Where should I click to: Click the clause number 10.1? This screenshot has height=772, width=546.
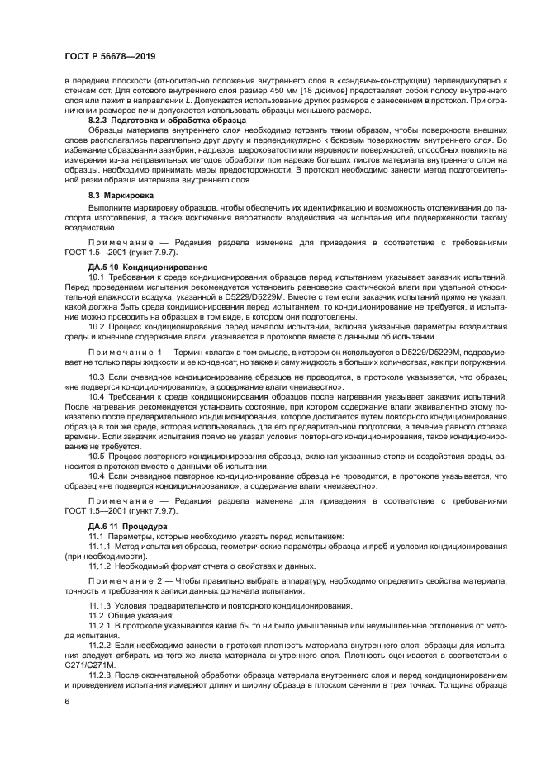click(97, 276)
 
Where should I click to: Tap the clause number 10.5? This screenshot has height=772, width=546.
click(97, 455)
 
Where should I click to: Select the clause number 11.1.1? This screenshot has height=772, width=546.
click(101, 545)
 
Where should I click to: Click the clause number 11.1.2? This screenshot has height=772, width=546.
click(101, 566)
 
